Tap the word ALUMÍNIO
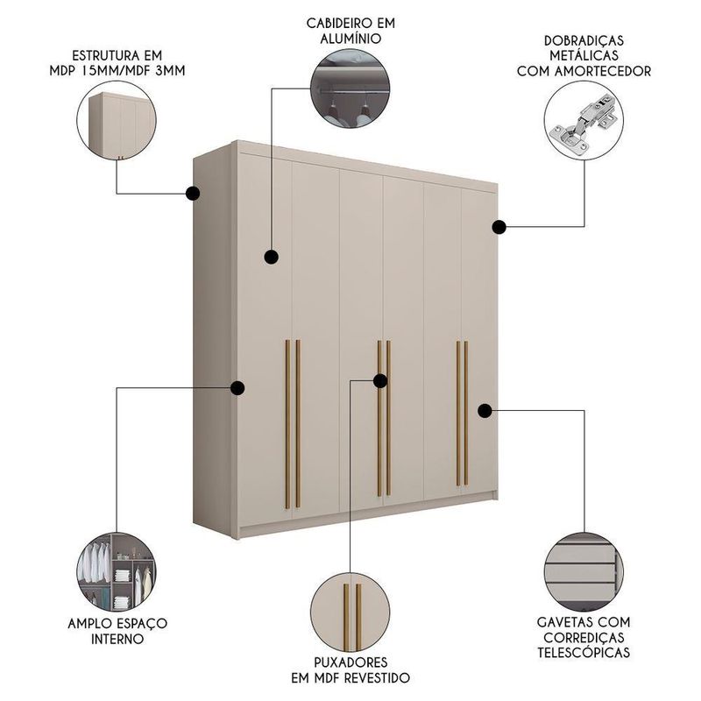coord(350,39)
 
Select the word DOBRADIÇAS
coord(584,40)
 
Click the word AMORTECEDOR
coord(603,71)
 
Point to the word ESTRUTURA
coord(105,56)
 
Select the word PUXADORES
coord(350,662)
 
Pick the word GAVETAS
coord(564,622)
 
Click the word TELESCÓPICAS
coord(584,652)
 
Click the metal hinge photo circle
coord(584,120)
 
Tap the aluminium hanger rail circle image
coord(350,89)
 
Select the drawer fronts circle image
coord(584,571)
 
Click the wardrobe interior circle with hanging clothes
coord(117,572)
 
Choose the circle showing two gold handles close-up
coord(350,612)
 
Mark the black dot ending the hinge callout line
coord(499,227)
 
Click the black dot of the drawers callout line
coord(485,410)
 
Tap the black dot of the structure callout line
coord(193,194)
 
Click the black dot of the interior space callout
coord(237,387)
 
